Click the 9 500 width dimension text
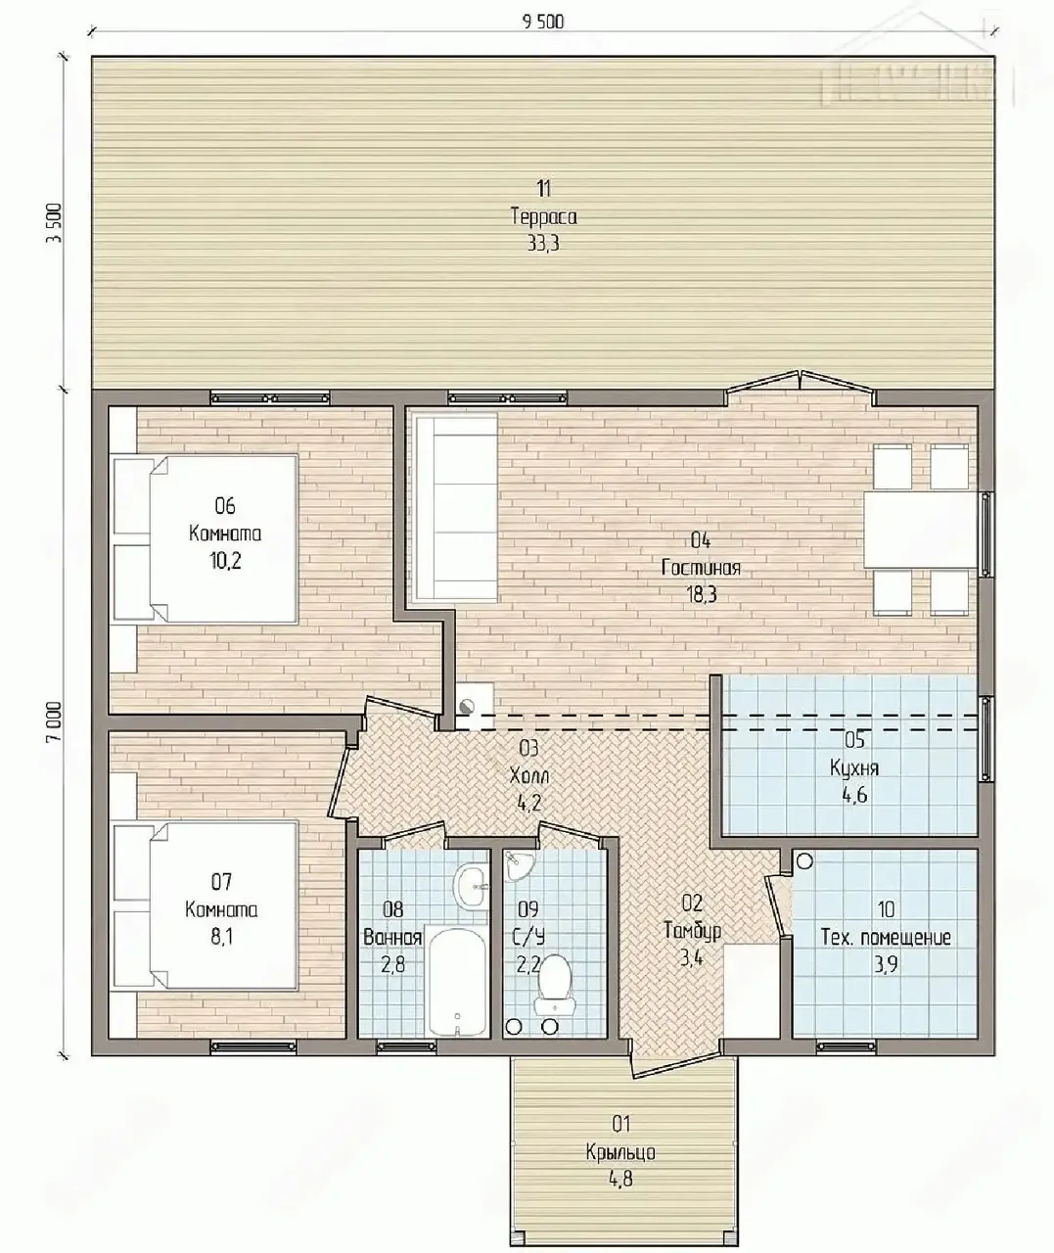pyautogui.click(x=543, y=23)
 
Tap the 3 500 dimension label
pyautogui.click(x=54, y=222)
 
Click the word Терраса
pyautogui.click(x=543, y=216)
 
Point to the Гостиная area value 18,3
pyautogui.click(x=702, y=595)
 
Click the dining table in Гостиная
pyautogui.click(x=920, y=530)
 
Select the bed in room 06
pyautogui.click(x=206, y=538)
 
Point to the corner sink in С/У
pyautogui.click(x=516, y=865)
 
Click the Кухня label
pyautogui.click(x=854, y=767)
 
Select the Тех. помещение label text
pyautogui.click(x=886, y=938)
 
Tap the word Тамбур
pyautogui.click(x=692, y=931)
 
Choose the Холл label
pyautogui.click(x=528, y=776)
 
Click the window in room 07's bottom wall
pyautogui.click(x=252, y=1046)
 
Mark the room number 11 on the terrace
pyautogui.click(x=543, y=188)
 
